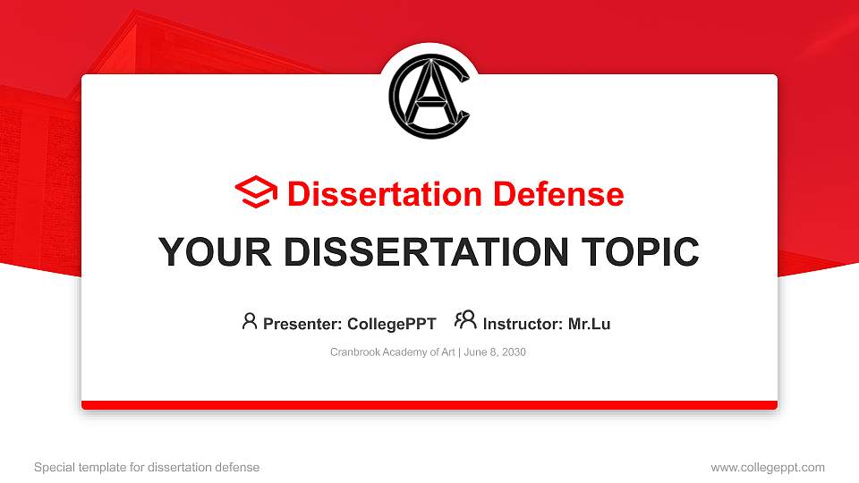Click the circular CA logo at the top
click(429, 97)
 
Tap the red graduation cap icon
click(257, 193)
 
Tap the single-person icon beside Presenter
click(250, 321)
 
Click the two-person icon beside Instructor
click(465, 320)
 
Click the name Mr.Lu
click(589, 324)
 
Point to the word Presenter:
click(301, 324)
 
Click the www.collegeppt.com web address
click(768, 467)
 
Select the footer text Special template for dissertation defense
click(147, 467)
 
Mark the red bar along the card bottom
click(429, 405)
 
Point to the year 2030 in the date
click(514, 352)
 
